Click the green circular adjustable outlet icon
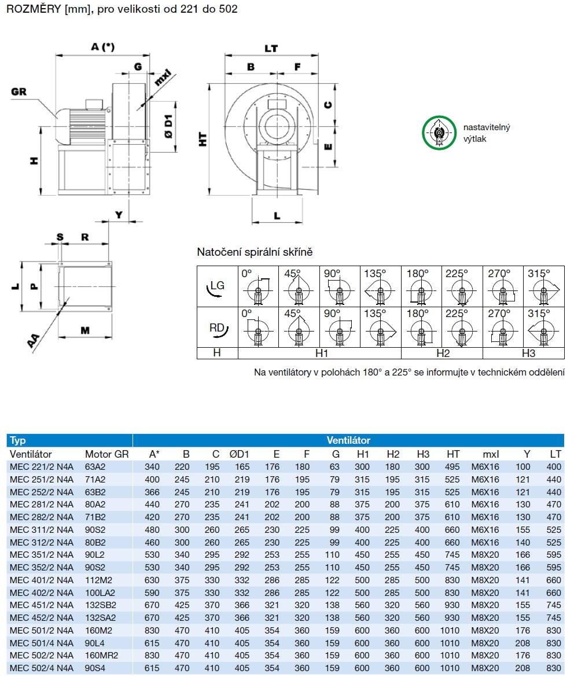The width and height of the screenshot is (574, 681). (439, 132)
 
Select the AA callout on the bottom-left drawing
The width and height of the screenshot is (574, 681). (34, 341)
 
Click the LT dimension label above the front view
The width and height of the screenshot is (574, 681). (271, 49)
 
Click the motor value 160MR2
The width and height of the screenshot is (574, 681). (101, 656)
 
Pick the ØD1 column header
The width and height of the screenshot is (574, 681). (238, 454)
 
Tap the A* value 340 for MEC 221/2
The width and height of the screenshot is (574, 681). (152, 467)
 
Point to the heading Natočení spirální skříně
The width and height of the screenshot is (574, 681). (255, 252)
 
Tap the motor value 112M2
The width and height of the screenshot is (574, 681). (100, 580)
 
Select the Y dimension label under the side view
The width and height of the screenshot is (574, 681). (119, 215)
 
